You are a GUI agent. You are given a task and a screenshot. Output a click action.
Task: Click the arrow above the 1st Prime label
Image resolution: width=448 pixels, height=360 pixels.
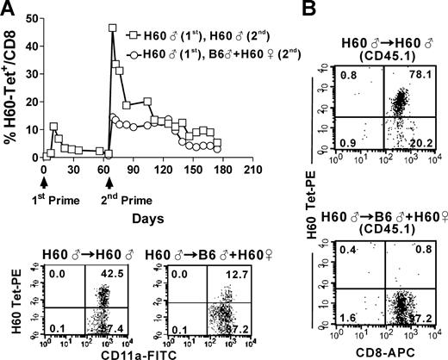tap(44, 183)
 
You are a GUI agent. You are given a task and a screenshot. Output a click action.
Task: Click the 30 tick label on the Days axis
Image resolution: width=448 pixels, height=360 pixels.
tap(73, 171)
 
